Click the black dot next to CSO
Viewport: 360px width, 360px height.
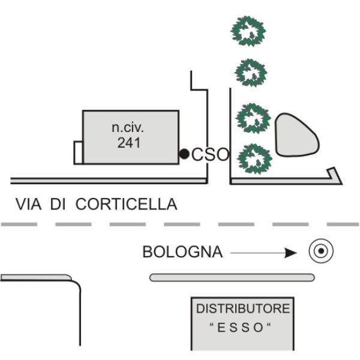[x=184, y=154]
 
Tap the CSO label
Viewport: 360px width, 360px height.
[x=211, y=154]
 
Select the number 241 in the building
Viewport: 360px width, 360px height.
[x=129, y=143]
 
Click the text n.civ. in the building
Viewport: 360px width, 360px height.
[x=128, y=127]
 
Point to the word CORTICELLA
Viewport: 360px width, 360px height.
[x=126, y=204]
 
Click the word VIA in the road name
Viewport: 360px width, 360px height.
[x=28, y=204]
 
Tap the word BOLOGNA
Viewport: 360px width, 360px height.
[x=182, y=252]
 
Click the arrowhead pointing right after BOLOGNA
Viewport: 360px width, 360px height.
[x=290, y=253]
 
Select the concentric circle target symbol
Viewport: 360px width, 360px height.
[x=321, y=251]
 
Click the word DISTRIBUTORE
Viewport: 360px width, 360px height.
[x=243, y=308]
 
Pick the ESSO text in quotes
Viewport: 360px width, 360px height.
[x=240, y=327]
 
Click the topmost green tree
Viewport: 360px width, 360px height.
[x=248, y=31]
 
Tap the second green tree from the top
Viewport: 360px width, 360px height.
[x=250, y=73]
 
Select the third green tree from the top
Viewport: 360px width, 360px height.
[x=253, y=118]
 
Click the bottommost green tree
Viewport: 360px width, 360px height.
[x=254, y=158]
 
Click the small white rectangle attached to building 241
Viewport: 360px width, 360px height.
[x=78, y=152]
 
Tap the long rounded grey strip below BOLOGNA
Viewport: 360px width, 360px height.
[x=232, y=277]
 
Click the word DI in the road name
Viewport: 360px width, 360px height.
[x=58, y=204]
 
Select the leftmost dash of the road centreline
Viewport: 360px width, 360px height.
[x=19, y=224]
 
